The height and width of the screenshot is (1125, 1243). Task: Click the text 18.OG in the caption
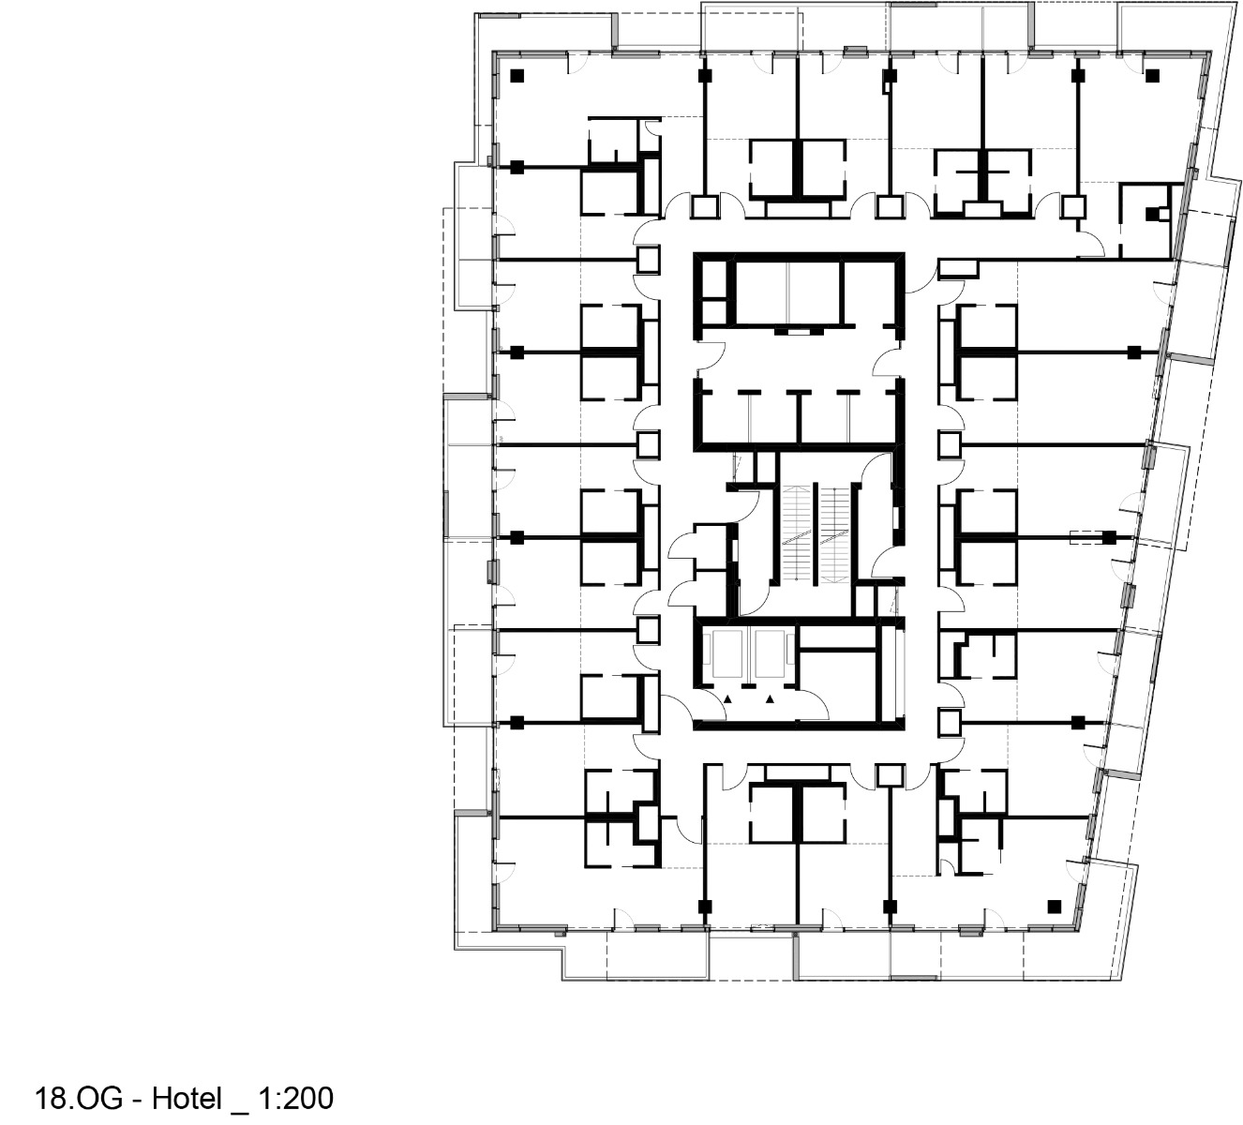(x=83, y=1098)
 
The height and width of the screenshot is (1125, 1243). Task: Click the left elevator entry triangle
(x=727, y=698)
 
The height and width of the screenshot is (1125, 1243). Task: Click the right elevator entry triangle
(x=771, y=698)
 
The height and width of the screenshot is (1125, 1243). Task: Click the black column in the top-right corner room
(x=1152, y=76)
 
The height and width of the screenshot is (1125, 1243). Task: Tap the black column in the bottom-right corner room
(x=1054, y=905)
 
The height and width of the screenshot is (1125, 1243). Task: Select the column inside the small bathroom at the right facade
(x=1151, y=214)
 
